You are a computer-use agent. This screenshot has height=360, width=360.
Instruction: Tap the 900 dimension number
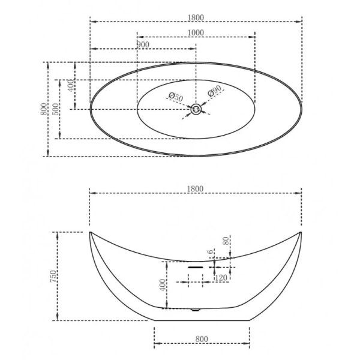point(143,45)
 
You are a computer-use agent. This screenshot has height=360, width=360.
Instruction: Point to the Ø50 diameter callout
point(175,96)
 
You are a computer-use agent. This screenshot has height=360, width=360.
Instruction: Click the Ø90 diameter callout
point(215,92)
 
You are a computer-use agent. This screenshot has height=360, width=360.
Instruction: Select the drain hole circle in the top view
point(196,109)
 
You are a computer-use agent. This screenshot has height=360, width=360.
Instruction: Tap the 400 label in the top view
point(71,85)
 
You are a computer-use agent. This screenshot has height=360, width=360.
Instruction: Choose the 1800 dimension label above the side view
point(196,188)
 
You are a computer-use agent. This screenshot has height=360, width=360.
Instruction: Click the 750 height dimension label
point(53,276)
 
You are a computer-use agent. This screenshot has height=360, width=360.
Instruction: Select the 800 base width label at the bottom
point(201,339)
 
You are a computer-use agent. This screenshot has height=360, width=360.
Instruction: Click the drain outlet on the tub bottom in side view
point(194,310)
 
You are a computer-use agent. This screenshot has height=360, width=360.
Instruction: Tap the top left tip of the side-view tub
point(90,232)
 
